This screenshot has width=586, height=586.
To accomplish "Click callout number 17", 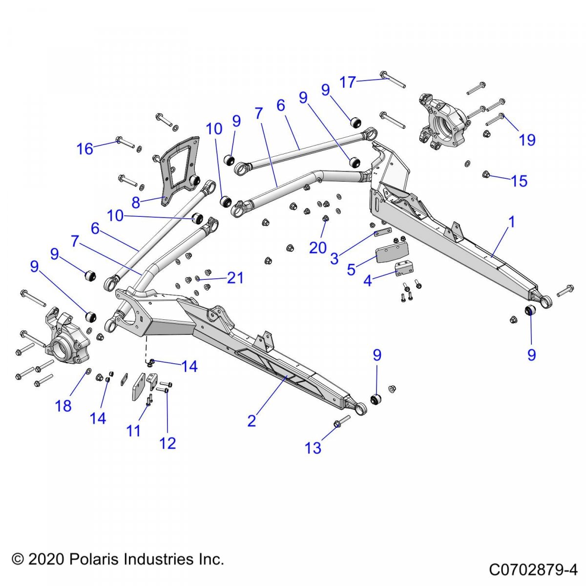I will click(348, 82).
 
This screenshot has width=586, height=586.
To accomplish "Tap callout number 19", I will click(527, 140).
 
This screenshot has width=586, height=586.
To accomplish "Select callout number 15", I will click(519, 181).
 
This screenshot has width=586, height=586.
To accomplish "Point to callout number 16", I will click(85, 148).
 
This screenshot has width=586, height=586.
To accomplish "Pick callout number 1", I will click(511, 222).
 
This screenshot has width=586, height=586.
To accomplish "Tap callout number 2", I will click(251, 420).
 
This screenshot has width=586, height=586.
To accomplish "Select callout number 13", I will click(313, 447).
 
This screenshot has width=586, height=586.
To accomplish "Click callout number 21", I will click(235, 278).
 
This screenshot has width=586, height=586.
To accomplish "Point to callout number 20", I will click(317, 248).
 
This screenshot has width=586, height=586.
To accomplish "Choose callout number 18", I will click(63, 405).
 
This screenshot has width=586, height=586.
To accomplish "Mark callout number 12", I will click(167, 443).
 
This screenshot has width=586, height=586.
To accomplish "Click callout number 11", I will click(133, 430).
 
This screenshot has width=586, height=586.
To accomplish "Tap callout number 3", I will click(334, 258).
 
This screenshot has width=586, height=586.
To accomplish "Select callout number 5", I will click(351, 269).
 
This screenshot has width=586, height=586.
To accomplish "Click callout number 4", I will click(367, 281).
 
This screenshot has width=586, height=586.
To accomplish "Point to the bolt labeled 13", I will click(342, 421).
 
